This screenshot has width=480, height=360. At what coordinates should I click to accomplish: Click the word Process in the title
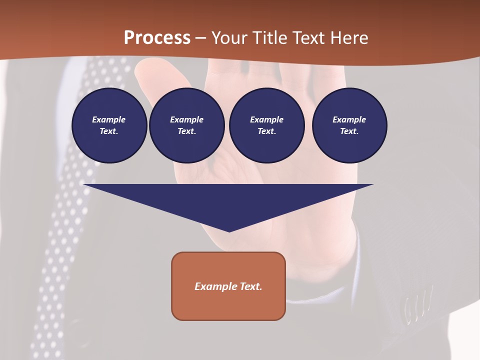[x=157, y=38]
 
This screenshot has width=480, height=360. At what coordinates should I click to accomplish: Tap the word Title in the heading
[x=270, y=38]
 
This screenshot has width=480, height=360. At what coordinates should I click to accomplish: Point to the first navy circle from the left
[x=109, y=125]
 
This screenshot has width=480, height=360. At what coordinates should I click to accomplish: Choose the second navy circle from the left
[x=186, y=125]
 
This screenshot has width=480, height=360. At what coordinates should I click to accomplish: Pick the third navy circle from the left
[x=266, y=125]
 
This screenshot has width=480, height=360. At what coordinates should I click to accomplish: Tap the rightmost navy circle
[x=349, y=125]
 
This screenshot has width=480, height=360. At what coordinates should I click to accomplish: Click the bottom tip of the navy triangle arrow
[x=229, y=230]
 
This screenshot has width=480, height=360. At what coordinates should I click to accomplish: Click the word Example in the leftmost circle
[x=109, y=119]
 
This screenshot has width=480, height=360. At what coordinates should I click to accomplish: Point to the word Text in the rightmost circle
[x=348, y=131]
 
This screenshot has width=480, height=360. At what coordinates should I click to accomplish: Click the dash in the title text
[x=200, y=38]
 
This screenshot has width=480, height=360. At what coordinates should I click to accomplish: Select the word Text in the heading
[x=309, y=38]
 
